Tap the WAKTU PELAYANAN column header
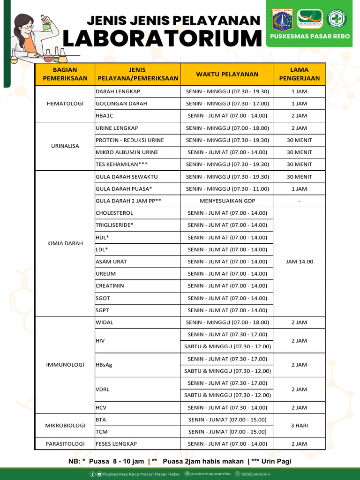pos(227,74)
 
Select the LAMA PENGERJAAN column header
pos(299,74)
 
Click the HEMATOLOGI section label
pos(65,104)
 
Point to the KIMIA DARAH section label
pos(65,243)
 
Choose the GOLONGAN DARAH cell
pos(121,104)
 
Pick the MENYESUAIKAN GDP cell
pos(227,201)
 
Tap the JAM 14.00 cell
pos(299,262)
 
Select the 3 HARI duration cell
pos(299,425)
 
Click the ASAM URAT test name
pos(112,262)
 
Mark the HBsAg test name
pos(104,365)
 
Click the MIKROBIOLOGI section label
pos(65,425)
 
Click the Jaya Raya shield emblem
pos(282,19)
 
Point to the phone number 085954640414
pos(255,474)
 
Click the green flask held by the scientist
pos(46,23)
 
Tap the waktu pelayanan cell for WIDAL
pos(227,322)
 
